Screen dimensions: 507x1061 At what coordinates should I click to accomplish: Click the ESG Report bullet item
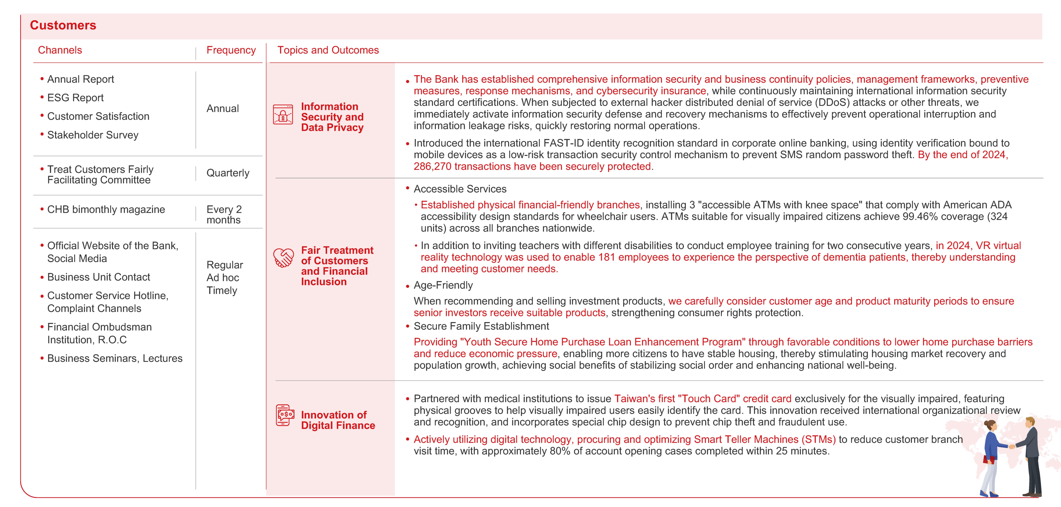75,98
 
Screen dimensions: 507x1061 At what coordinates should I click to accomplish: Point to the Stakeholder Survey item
93,135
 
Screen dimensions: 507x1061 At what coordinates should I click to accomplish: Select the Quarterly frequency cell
228,173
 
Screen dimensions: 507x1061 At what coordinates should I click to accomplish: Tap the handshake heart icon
284,258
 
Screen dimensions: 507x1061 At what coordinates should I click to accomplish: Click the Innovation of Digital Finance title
338,420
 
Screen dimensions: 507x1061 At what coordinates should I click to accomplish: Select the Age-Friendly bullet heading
443,285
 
